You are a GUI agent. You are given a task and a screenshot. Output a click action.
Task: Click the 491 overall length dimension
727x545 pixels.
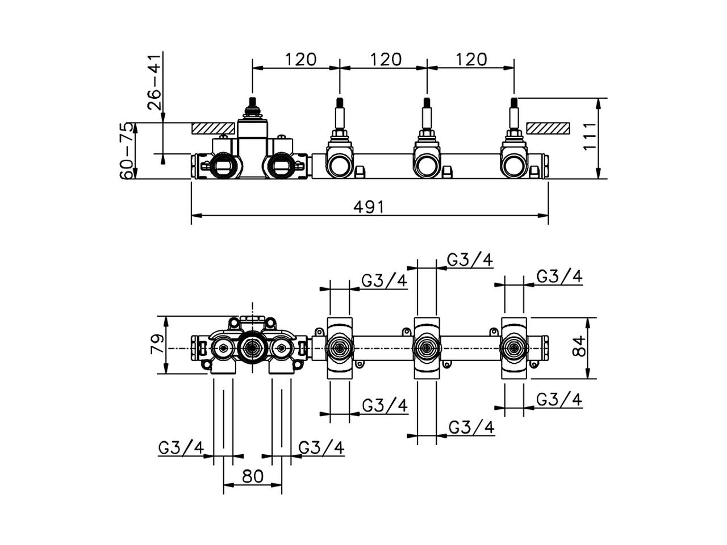coord(369,207)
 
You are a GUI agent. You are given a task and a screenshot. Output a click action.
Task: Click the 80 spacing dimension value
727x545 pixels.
coord(252,475)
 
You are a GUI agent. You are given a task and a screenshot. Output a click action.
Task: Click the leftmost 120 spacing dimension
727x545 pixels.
coord(300,59)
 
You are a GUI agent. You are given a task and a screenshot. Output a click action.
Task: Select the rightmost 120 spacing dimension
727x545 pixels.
coord(471,59)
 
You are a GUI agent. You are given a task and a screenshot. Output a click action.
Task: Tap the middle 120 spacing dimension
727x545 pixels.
coord(386,59)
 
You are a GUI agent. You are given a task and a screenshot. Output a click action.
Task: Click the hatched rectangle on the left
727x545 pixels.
coord(214,128)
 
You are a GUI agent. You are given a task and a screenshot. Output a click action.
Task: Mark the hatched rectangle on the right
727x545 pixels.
coord(548,128)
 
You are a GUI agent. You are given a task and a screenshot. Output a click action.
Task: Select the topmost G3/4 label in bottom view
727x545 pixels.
coord(470,259)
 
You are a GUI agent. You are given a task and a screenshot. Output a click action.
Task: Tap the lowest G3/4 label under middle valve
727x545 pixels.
coord(471,427)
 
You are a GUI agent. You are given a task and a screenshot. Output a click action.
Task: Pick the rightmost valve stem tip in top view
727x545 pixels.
coord(513,102)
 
